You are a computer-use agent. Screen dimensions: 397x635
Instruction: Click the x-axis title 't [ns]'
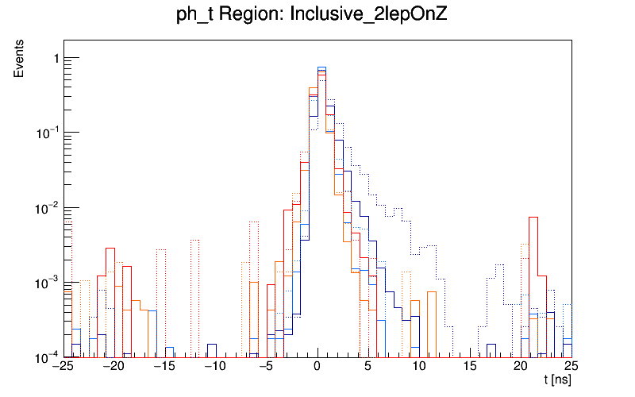(x=557, y=381)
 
